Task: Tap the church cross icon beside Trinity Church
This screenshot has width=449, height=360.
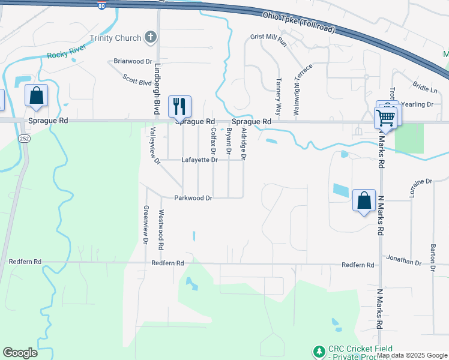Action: tap(151, 38)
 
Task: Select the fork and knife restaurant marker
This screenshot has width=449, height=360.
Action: tap(179, 106)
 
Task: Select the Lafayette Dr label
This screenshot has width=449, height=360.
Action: tap(196, 160)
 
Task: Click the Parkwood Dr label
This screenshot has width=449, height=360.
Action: tap(193, 197)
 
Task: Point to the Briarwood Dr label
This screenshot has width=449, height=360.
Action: tap(133, 61)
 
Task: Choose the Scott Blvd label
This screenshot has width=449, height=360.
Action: tap(137, 80)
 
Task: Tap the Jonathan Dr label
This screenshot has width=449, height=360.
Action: tap(405, 262)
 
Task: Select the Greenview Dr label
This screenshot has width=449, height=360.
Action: tap(145, 224)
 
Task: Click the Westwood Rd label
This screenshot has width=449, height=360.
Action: tap(160, 230)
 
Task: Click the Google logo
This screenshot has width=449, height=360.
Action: tap(20, 353)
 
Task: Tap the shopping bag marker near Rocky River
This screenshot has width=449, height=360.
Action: tap(36, 96)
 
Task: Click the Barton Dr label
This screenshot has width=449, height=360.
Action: tap(432, 257)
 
